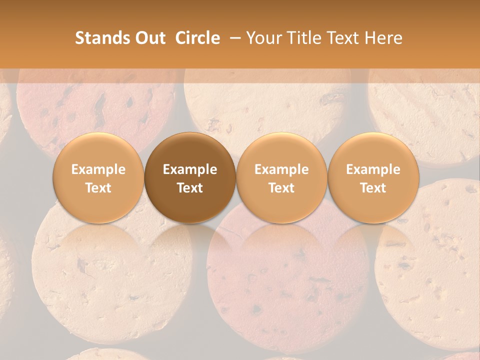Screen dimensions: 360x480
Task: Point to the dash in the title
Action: [x=234, y=38]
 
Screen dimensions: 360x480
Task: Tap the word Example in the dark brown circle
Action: [x=190, y=169]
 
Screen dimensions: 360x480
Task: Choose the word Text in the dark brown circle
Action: [x=190, y=188]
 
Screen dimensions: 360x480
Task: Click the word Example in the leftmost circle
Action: [x=98, y=169]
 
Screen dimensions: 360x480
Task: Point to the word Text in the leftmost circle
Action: [x=98, y=188]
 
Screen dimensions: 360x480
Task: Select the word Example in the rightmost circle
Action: [x=373, y=169]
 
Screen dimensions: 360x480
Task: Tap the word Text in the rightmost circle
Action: [x=373, y=188]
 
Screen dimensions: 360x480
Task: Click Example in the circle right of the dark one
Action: [x=281, y=169]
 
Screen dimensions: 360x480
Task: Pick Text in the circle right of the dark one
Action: [x=281, y=188]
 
